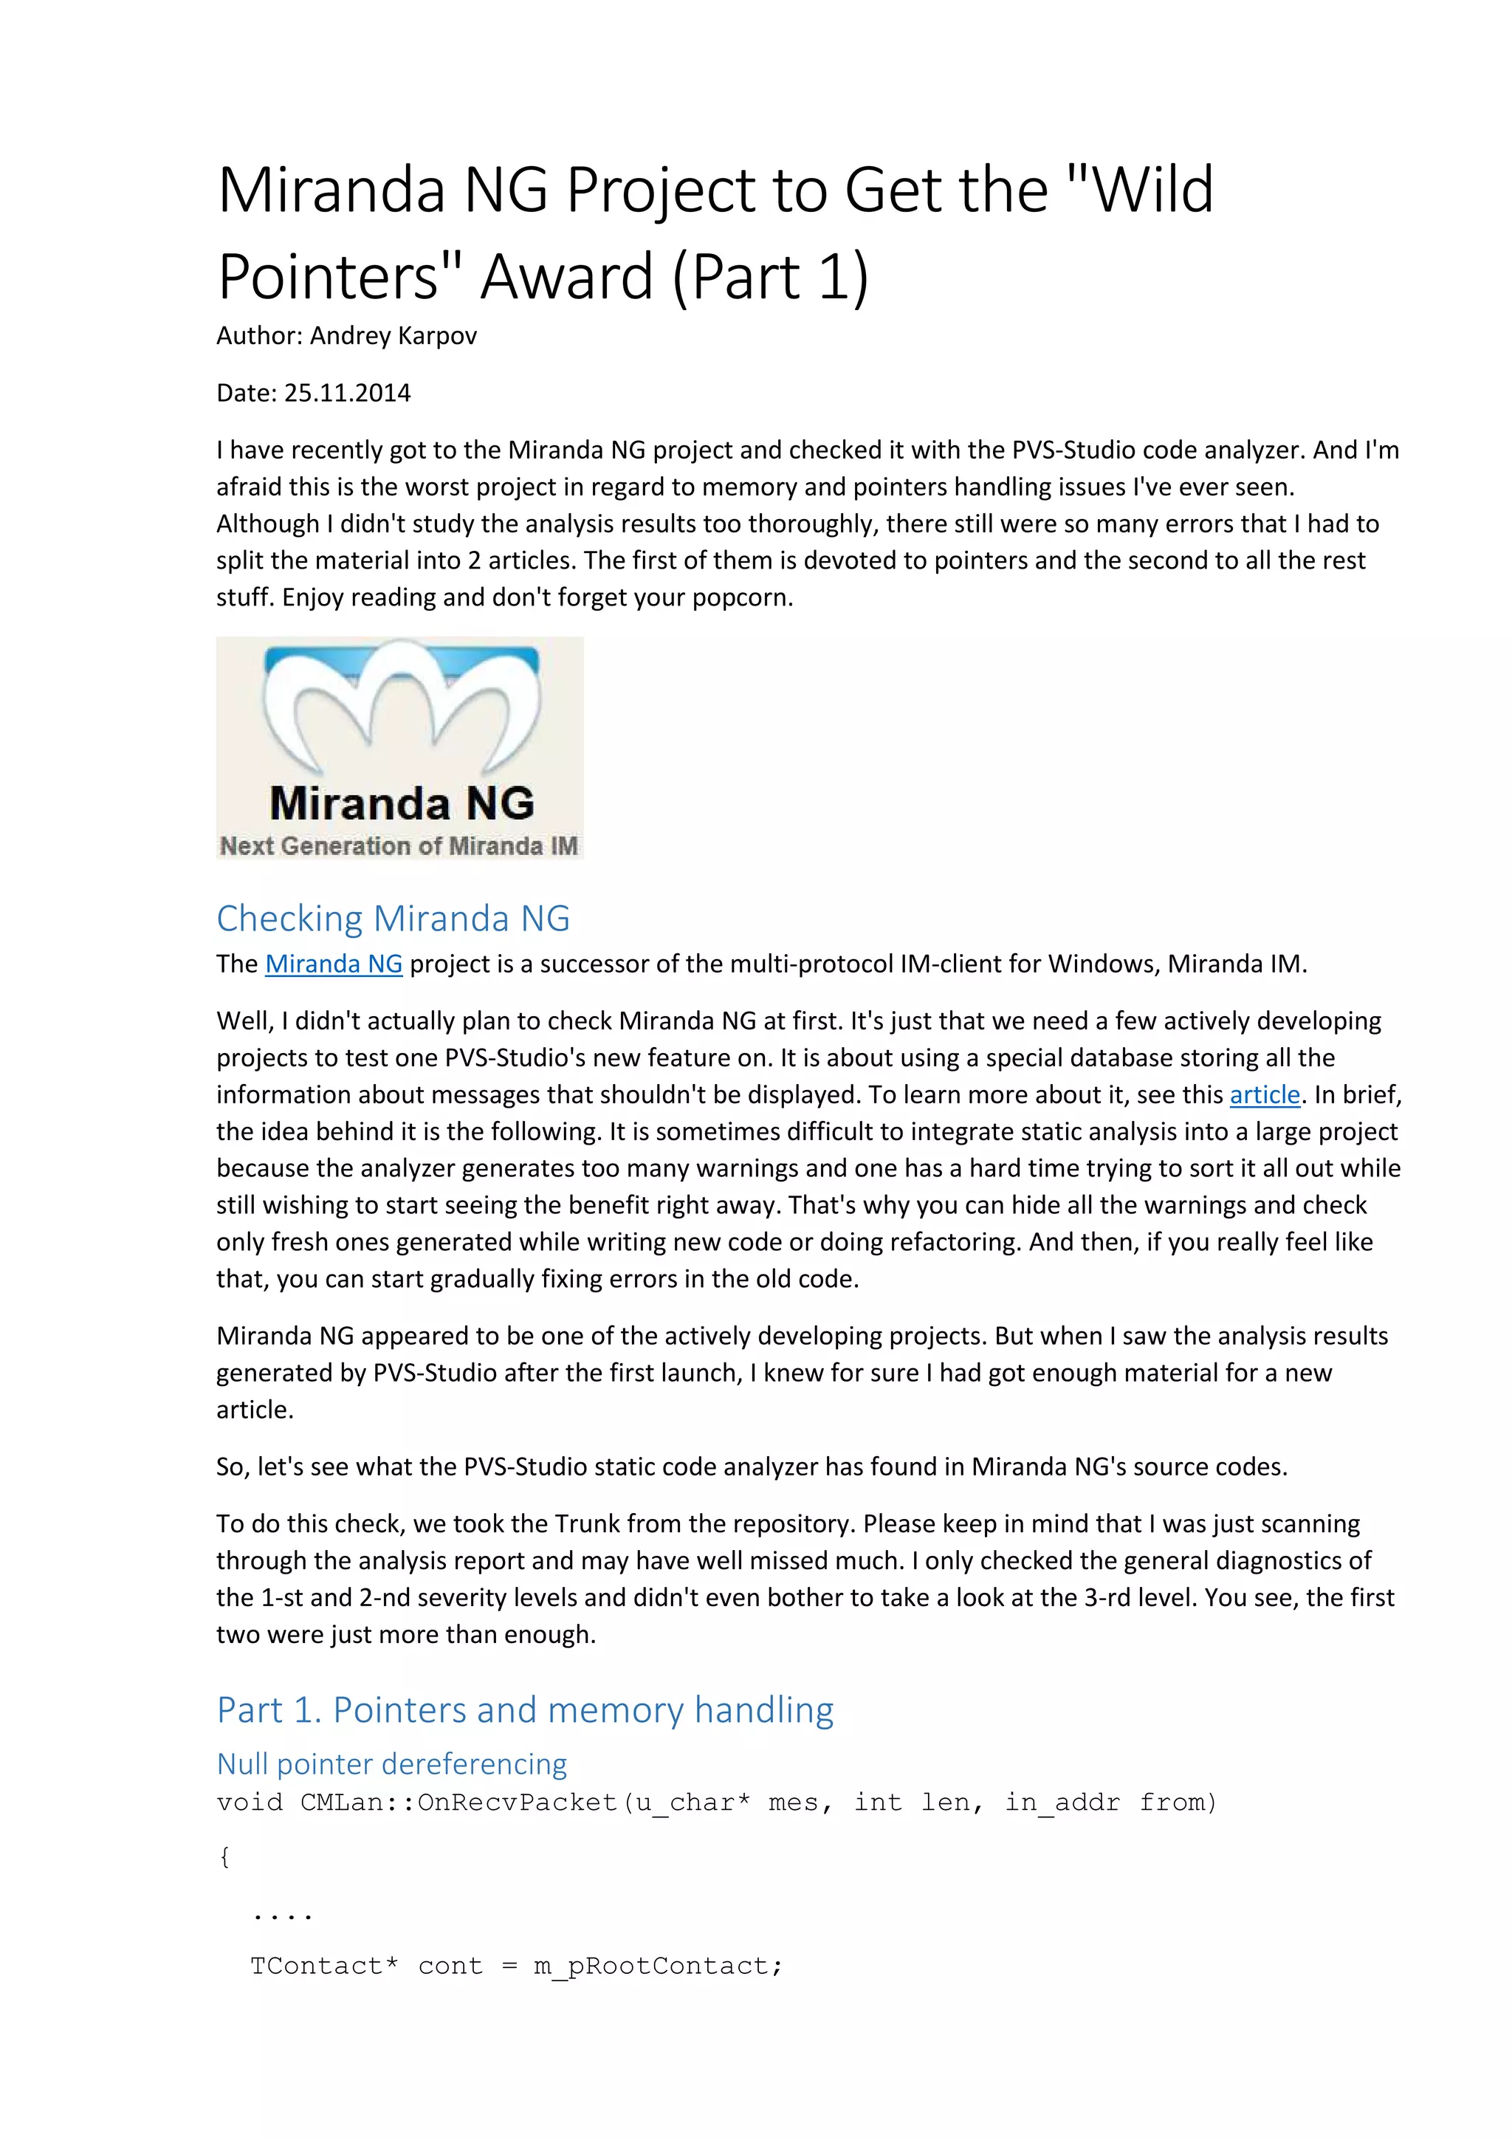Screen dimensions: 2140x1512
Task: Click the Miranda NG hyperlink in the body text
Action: click(334, 964)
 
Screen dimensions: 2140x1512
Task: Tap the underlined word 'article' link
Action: click(1264, 1094)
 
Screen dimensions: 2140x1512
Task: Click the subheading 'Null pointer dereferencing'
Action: click(391, 1763)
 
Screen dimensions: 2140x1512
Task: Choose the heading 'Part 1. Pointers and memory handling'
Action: click(524, 1709)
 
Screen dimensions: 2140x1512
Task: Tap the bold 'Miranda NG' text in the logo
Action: click(402, 803)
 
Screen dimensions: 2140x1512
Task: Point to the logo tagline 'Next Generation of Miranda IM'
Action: click(399, 846)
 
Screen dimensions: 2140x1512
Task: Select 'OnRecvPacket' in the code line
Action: click(517, 1803)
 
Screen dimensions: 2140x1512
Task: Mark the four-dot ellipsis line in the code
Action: click(281, 1913)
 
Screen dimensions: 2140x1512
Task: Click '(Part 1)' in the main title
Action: click(769, 277)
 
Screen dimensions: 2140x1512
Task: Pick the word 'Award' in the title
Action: click(566, 277)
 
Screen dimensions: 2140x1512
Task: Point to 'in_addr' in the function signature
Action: click(1062, 1803)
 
